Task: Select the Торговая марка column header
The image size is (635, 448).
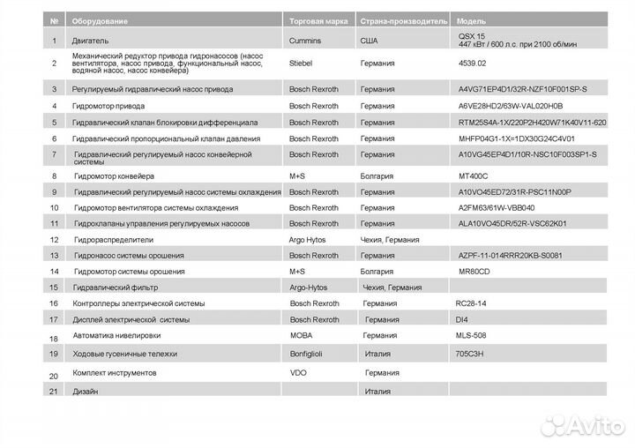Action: (x=319, y=19)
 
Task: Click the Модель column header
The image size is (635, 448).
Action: (x=471, y=19)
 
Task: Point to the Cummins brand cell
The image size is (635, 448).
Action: (x=305, y=41)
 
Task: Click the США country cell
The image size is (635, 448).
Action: (x=371, y=41)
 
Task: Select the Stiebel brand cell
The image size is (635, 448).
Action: (x=302, y=63)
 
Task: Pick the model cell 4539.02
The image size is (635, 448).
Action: (x=472, y=63)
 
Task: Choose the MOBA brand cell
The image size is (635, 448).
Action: (x=301, y=336)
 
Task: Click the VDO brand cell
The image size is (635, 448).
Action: (x=298, y=373)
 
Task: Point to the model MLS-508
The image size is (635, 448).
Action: (x=472, y=336)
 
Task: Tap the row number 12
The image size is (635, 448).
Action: (x=55, y=239)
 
